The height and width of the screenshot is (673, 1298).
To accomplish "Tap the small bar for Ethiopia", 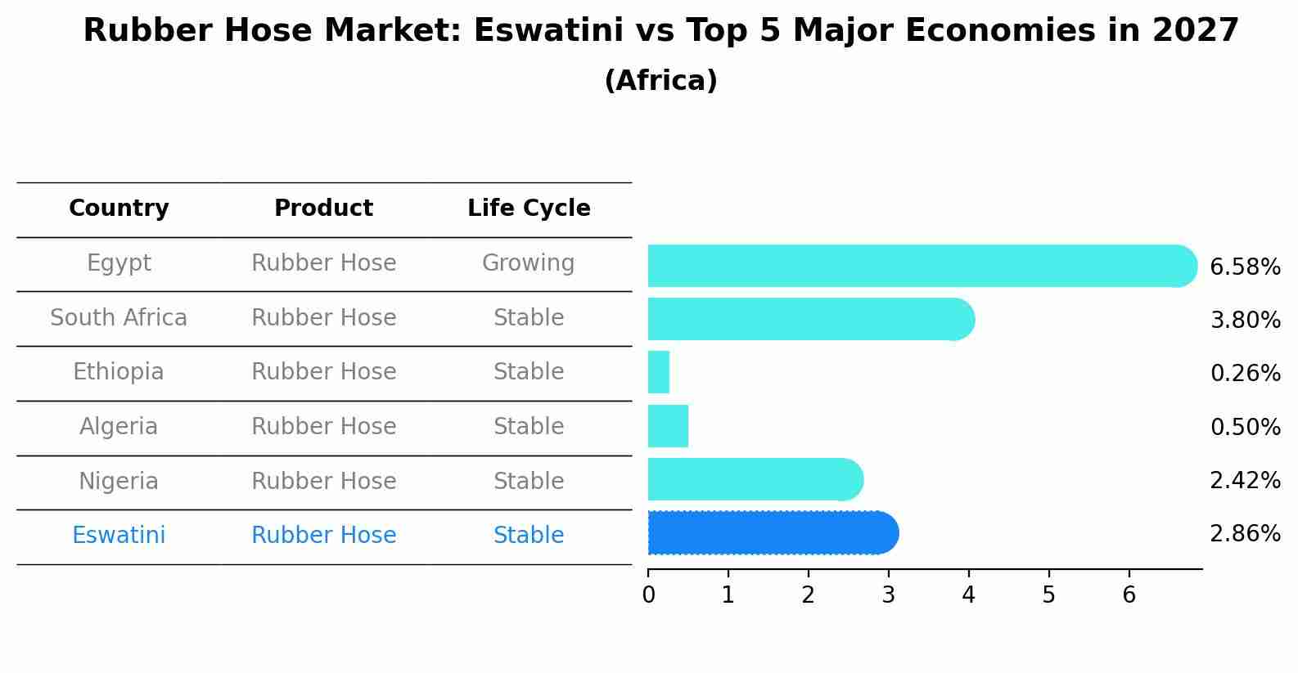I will [659, 372].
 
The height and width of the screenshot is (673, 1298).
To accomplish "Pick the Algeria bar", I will [668, 426].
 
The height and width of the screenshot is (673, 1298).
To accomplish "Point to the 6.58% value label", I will [1244, 267].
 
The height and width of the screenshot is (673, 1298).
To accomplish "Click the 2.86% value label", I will [1244, 534].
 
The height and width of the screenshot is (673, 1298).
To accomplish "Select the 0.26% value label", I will [1244, 374].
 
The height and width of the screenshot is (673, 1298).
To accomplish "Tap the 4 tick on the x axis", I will [969, 594].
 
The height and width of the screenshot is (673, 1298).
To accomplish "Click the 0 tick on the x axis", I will [648, 594].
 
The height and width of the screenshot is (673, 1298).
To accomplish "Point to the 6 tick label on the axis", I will [1129, 594].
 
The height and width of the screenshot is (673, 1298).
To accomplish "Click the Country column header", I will [119, 209].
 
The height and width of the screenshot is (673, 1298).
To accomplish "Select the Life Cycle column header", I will [529, 209].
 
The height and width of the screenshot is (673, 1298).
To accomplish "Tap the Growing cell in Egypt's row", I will [528, 263].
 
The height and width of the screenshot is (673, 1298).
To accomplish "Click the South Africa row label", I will [119, 318].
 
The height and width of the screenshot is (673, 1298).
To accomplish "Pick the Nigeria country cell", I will [119, 482].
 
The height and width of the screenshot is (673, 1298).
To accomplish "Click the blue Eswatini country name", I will [119, 536].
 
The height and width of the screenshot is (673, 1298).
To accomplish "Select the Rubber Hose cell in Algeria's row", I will [323, 427].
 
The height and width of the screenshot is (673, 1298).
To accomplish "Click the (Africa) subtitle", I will [660, 81].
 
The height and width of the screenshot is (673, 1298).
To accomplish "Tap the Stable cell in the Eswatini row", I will [528, 536].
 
